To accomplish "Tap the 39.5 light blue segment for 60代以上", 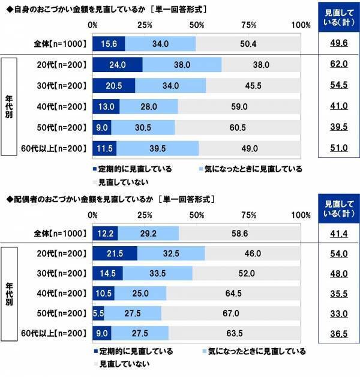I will [157, 148].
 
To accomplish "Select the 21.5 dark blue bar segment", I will [115, 254].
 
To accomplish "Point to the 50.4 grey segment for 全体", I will [248, 43].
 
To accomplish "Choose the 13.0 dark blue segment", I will [106, 106].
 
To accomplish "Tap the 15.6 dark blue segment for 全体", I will [109, 43].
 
